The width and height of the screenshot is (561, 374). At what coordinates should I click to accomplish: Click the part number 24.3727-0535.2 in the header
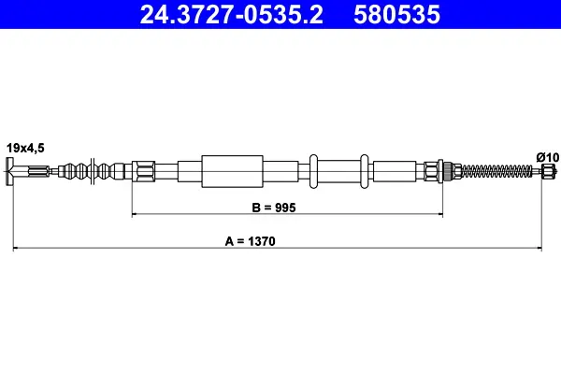click(x=232, y=15)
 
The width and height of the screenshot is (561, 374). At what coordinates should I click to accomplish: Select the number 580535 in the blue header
click(x=396, y=15)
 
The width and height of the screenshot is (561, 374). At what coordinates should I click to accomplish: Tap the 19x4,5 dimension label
click(x=25, y=148)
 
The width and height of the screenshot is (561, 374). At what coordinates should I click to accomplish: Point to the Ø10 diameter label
click(x=547, y=157)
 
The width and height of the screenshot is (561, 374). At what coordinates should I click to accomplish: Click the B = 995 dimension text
click(x=274, y=208)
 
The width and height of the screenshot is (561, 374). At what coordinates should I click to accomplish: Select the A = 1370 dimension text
click(x=250, y=241)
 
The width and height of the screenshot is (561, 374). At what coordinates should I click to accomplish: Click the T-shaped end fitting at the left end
click(x=10, y=171)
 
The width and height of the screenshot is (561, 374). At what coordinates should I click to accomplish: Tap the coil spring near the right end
click(x=497, y=170)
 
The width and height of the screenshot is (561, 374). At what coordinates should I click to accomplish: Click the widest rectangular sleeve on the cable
click(x=232, y=171)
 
